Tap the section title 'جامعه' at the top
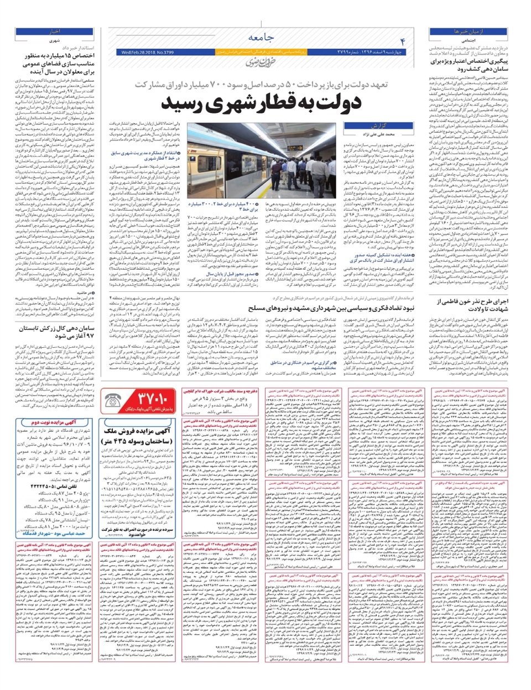260,38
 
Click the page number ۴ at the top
402,41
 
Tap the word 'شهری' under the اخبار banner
54,41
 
